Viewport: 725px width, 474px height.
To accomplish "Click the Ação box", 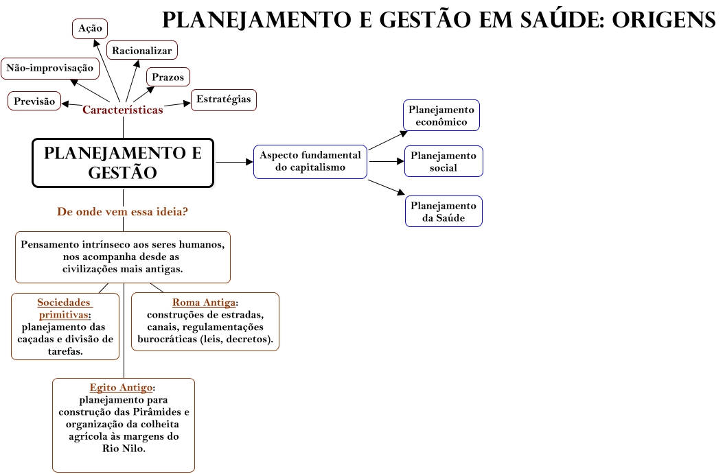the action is (x=89, y=28).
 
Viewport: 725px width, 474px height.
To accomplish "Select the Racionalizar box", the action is (x=142, y=50).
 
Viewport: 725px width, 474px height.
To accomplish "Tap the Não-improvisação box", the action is (x=49, y=68).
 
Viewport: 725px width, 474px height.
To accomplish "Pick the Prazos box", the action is (x=168, y=77).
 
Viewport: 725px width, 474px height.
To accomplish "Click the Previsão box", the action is (x=34, y=101).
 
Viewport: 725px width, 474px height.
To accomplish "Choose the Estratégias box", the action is (x=224, y=99).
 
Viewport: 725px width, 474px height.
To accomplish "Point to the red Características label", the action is (x=123, y=110).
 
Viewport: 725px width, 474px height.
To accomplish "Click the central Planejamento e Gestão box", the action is (x=123, y=163).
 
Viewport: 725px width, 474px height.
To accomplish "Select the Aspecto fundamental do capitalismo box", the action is (x=310, y=162).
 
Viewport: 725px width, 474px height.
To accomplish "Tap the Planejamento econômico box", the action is (x=441, y=116).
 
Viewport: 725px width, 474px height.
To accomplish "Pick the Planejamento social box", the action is (x=443, y=162).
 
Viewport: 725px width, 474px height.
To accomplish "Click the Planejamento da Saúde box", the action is (x=443, y=212).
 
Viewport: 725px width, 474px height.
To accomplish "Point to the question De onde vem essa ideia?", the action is (x=123, y=212).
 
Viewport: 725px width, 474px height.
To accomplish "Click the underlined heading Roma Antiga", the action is (x=205, y=303).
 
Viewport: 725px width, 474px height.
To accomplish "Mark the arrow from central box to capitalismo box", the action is (x=233, y=163).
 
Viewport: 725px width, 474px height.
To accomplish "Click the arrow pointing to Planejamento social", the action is (x=386, y=162).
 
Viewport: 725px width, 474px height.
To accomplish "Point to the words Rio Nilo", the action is (x=124, y=449).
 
